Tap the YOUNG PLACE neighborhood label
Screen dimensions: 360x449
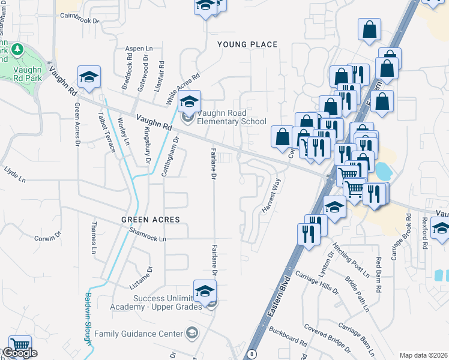click(x=247, y=44)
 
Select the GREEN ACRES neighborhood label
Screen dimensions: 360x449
click(x=151, y=220)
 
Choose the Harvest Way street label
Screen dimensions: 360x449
click(x=271, y=194)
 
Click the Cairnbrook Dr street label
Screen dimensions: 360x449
click(x=79, y=20)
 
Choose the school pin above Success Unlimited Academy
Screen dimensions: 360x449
click(x=205, y=292)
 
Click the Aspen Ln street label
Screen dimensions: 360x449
click(x=139, y=48)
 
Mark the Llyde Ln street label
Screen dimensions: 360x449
click(x=15, y=179)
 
